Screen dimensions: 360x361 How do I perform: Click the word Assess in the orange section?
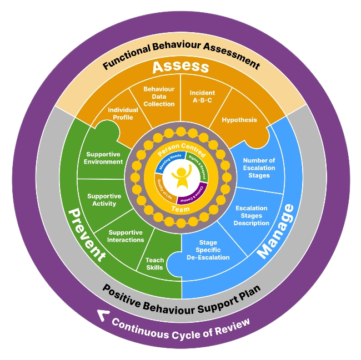tap(180, 67)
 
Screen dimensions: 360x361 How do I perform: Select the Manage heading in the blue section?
tap(276, 232)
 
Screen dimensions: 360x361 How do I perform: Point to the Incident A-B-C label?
tap(202, 97)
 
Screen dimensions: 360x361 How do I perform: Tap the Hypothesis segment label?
tap(239, 120)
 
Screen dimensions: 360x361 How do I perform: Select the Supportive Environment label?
tap(104, 158)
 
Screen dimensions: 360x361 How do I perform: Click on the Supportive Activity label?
tap(104, 200)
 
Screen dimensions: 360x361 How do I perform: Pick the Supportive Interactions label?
tap(126, 236)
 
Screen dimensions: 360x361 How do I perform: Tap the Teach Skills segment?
tap(154, 263)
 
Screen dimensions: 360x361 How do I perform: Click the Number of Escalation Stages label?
tap(259, 168)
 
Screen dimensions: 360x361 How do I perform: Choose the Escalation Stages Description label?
tap(252, 216)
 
